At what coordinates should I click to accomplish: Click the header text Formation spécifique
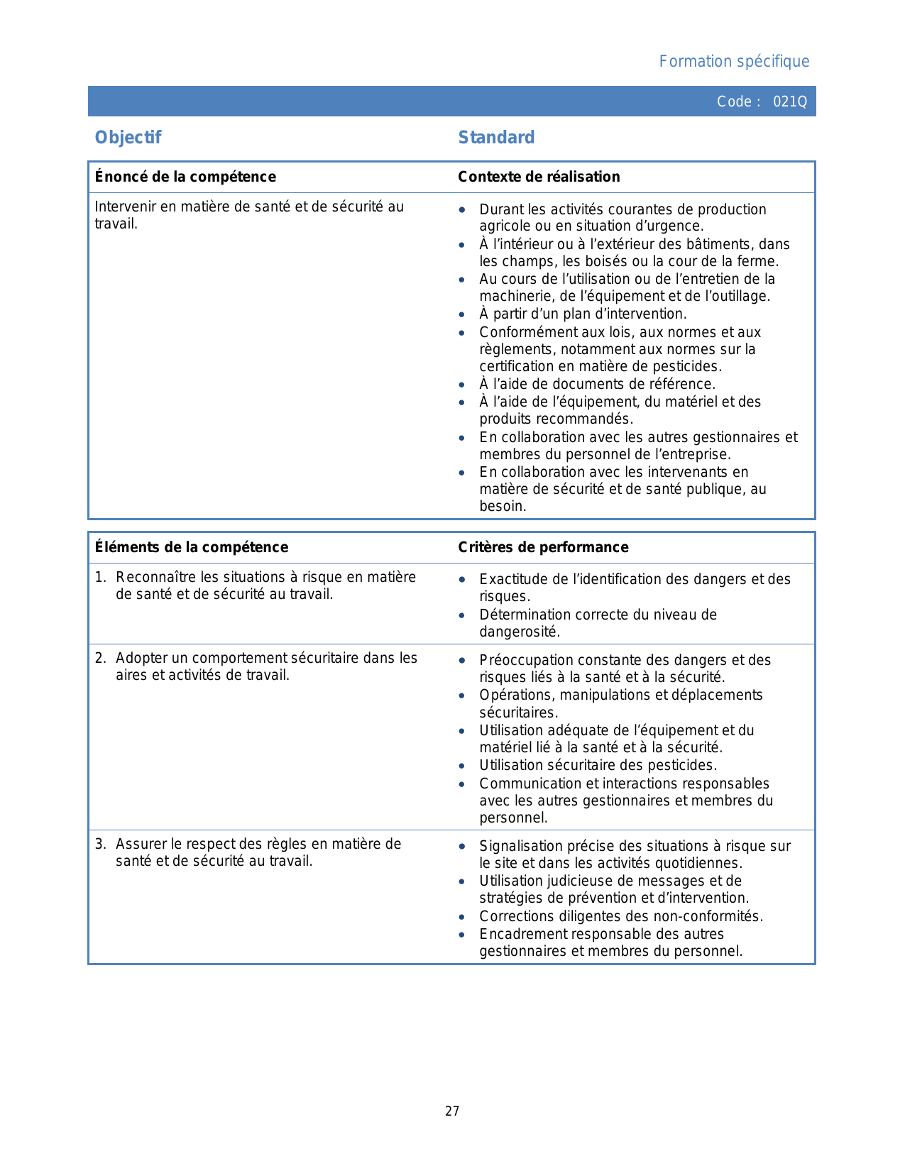click(x=734, y=62)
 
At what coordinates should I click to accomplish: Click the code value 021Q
click(x=789, y=101)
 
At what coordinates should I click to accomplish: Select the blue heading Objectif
click(x=128, y=138)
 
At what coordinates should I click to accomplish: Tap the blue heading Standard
click(x=496, y=138)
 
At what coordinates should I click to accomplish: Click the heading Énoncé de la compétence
click(x=185, y=177)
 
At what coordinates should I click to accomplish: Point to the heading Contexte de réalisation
click(x=539, y=177)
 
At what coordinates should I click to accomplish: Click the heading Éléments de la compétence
click(x=192, y=547)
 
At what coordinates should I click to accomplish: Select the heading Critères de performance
click(x=543, y=547)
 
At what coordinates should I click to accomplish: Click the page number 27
click(x=452, y=1111)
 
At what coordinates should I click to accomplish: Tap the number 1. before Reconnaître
click(x=100, y=577)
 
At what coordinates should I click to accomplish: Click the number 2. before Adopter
click(x=100, y=658)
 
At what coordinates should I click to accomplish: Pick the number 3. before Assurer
click(x=100, y=844)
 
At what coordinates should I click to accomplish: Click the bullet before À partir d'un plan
click(x=462, y=314)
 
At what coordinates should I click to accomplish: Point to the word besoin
click(x=502, y=506)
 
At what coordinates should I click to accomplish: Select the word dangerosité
click(x=519, y=632)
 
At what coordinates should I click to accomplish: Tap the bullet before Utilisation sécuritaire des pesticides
click(x=462, y=766)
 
